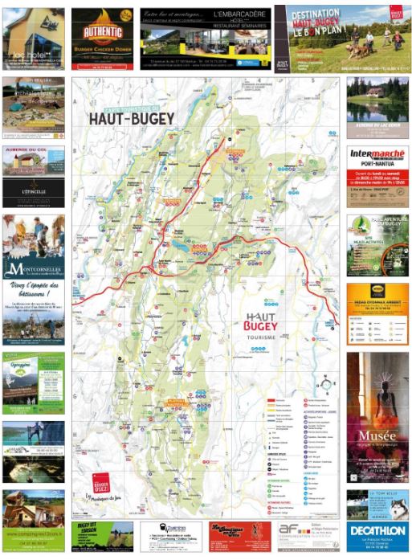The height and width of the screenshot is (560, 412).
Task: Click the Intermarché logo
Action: click(x=377, y=153)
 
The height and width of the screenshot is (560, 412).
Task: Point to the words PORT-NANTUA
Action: click(x=377, y=165)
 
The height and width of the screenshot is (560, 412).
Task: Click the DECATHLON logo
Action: click(x=377, y=531)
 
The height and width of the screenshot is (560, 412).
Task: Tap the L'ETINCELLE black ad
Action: click(x=33, y=193)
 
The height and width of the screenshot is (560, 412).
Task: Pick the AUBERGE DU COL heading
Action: click(x=33, y=150)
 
